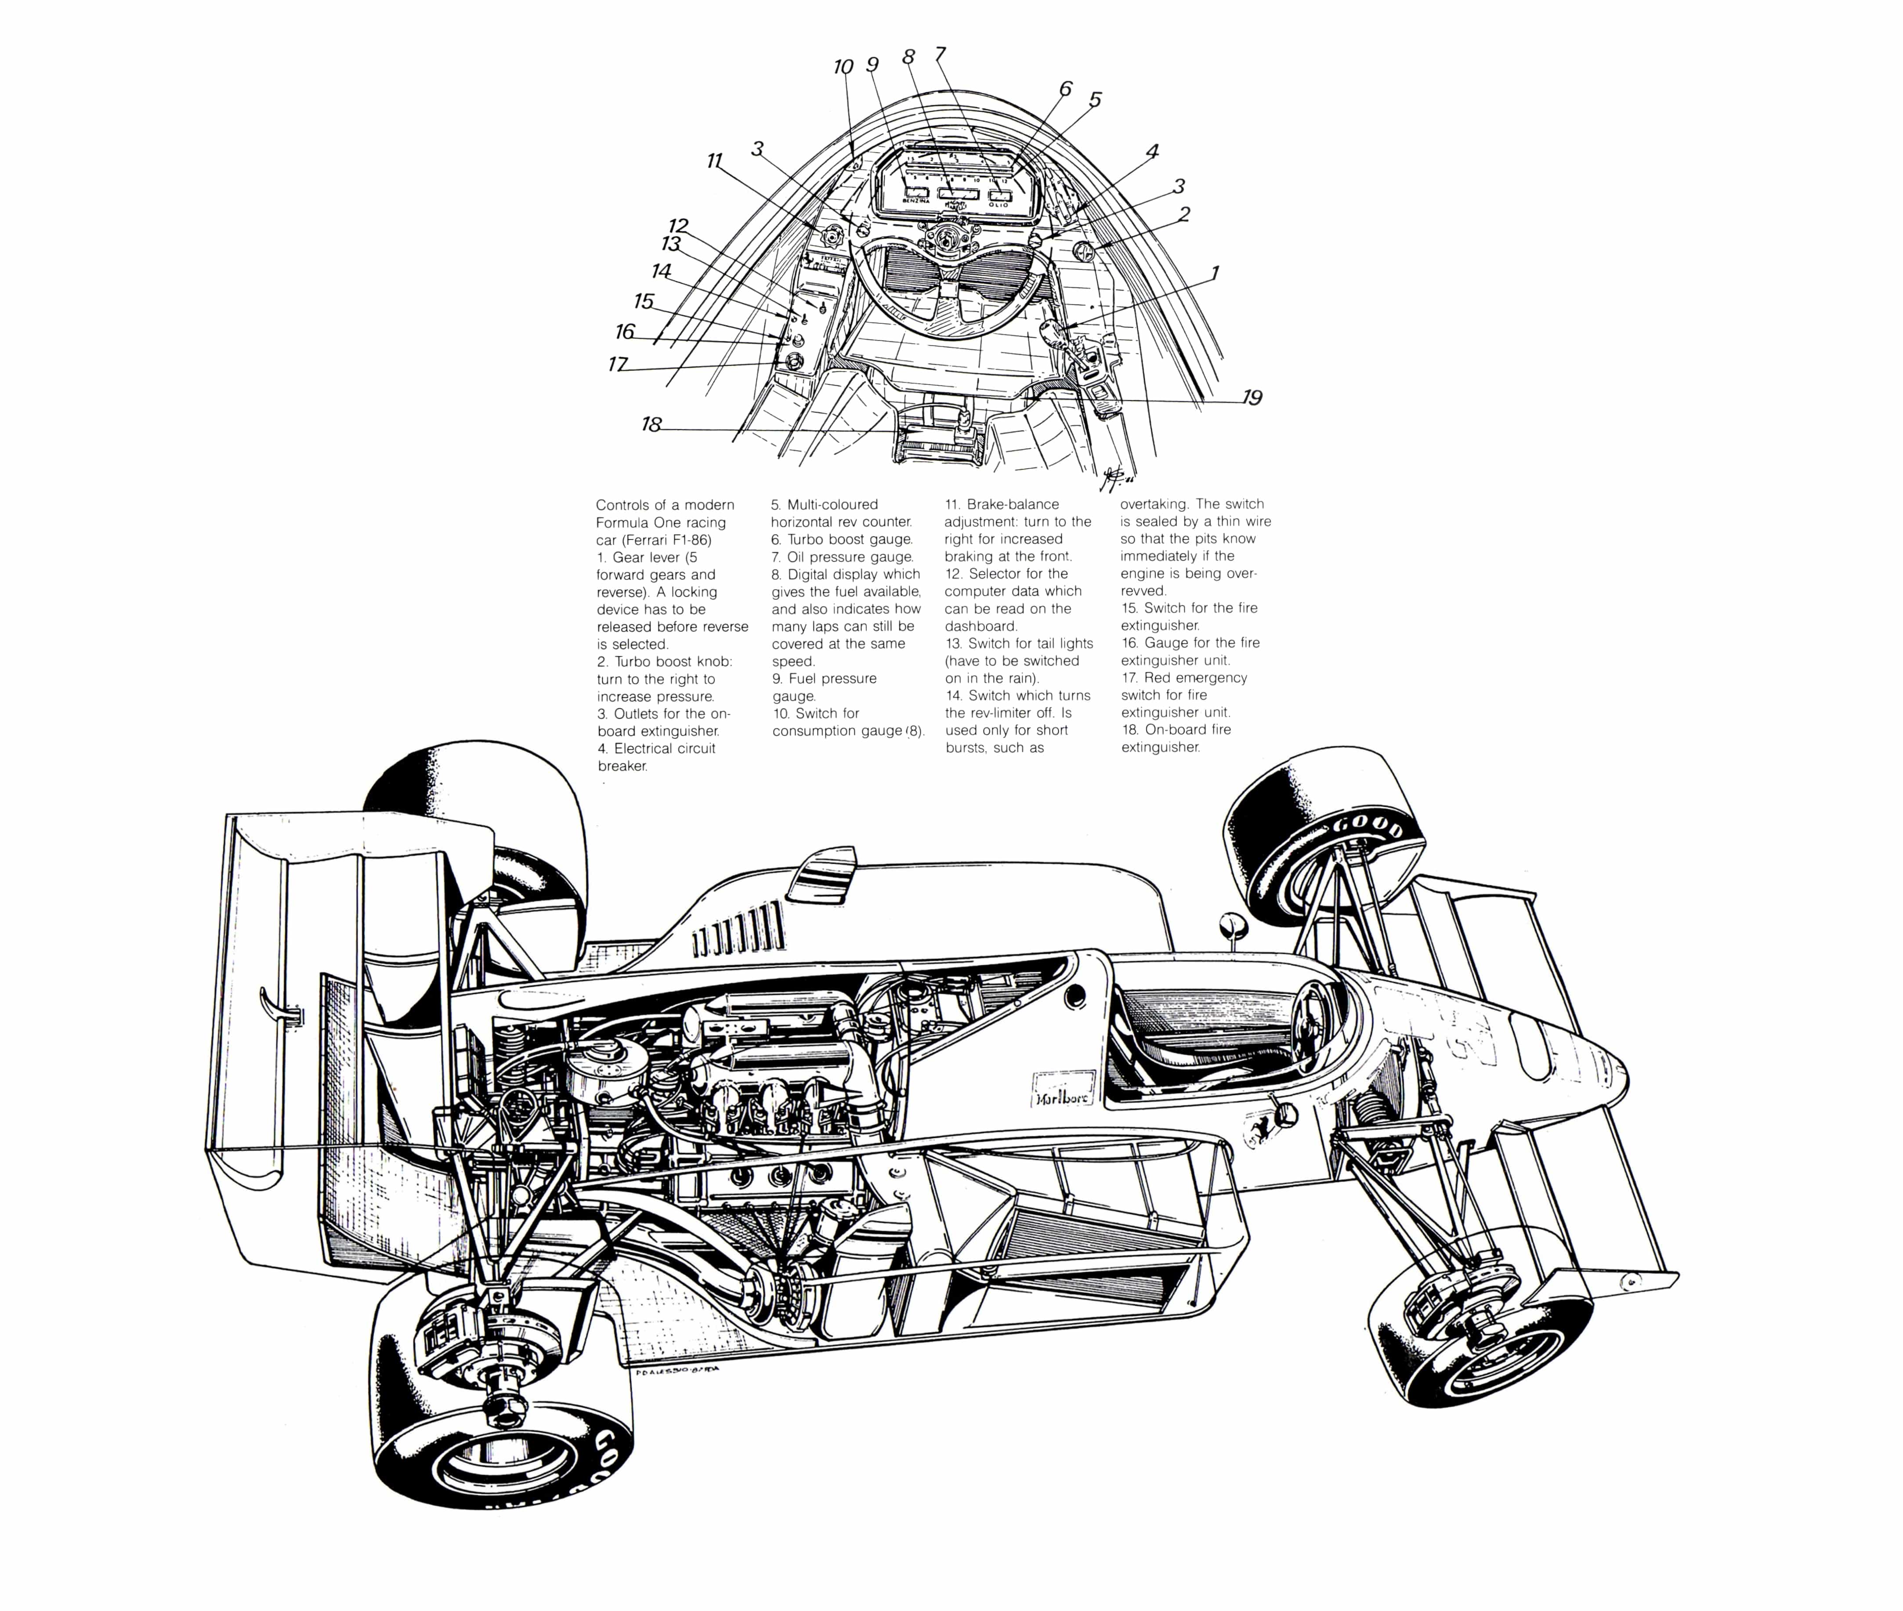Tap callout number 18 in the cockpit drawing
(651, 425)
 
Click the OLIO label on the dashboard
(999, 205)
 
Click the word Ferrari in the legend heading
(639, 540)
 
